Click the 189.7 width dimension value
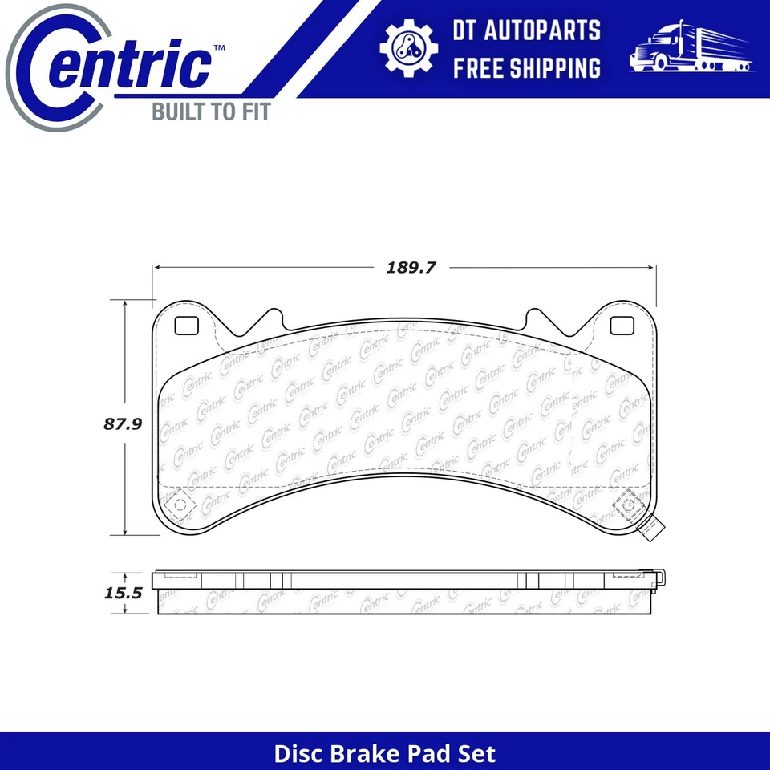point(410,268)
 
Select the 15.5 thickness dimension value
point(122,594)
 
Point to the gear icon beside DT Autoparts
point(408,48)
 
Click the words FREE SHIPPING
point(526,67)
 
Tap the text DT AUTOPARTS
point(526,30)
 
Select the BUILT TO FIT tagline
point(211,111)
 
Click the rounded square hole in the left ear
point(186,325)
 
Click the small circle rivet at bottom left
point(180,505)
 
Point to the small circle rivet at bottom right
point(627,505)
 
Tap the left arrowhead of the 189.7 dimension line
point(158,268)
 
